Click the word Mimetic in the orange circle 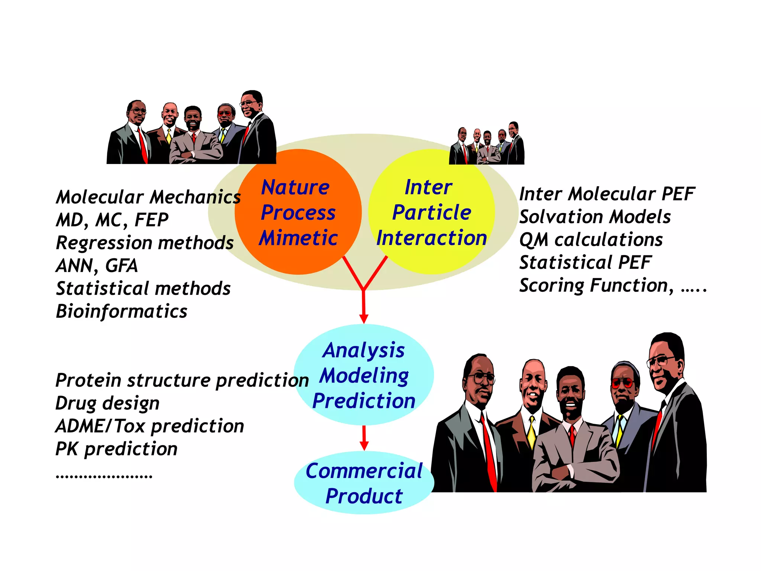click(x=298, y=238)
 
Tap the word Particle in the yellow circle click(x=432, y=212)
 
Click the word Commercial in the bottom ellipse click(x=364, y=471)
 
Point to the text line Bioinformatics click(x=122, y=311)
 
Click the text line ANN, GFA click(x=97, y=265)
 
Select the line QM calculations click(x=591, y=239)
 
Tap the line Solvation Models click(x=595, y=217)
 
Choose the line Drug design click(x=107, y=403)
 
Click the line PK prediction click(x=116, y=449)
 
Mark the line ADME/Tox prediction click(x=150, y=426)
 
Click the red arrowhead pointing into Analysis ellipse click(x=364, y=319)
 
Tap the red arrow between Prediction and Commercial click(x=364, y=439)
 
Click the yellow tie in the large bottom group click(x=532, y=433)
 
